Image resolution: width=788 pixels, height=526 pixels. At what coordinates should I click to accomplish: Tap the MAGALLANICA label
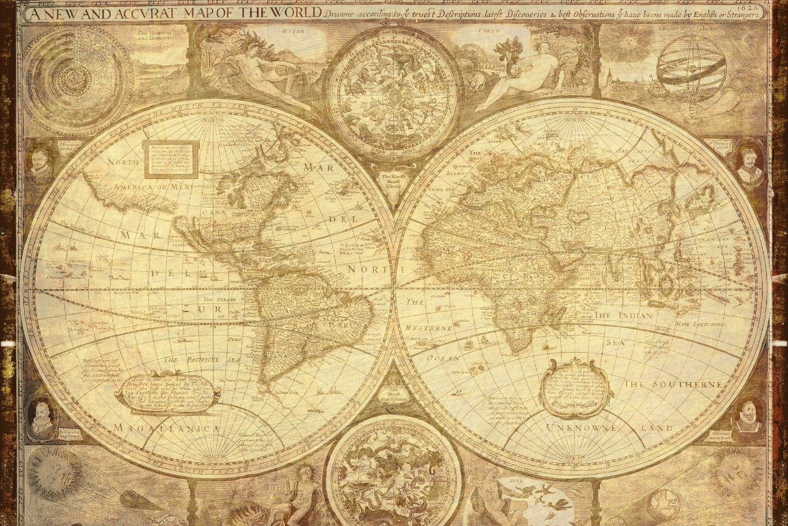(x=168, y=428)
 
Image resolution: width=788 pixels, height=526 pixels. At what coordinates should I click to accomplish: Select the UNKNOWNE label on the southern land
(x=581, y=428)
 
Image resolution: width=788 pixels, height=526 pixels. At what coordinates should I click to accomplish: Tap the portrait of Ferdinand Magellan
(x=41, y=417)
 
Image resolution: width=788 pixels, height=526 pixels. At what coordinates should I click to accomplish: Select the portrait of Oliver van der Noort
(x=748, y=416)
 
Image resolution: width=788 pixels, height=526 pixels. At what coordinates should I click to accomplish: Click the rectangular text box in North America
(x=171, y=159)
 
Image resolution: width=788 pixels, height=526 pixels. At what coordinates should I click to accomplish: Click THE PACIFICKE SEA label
(x=202, y=359)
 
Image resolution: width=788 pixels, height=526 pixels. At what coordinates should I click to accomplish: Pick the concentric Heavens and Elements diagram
(x=77, y=80)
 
